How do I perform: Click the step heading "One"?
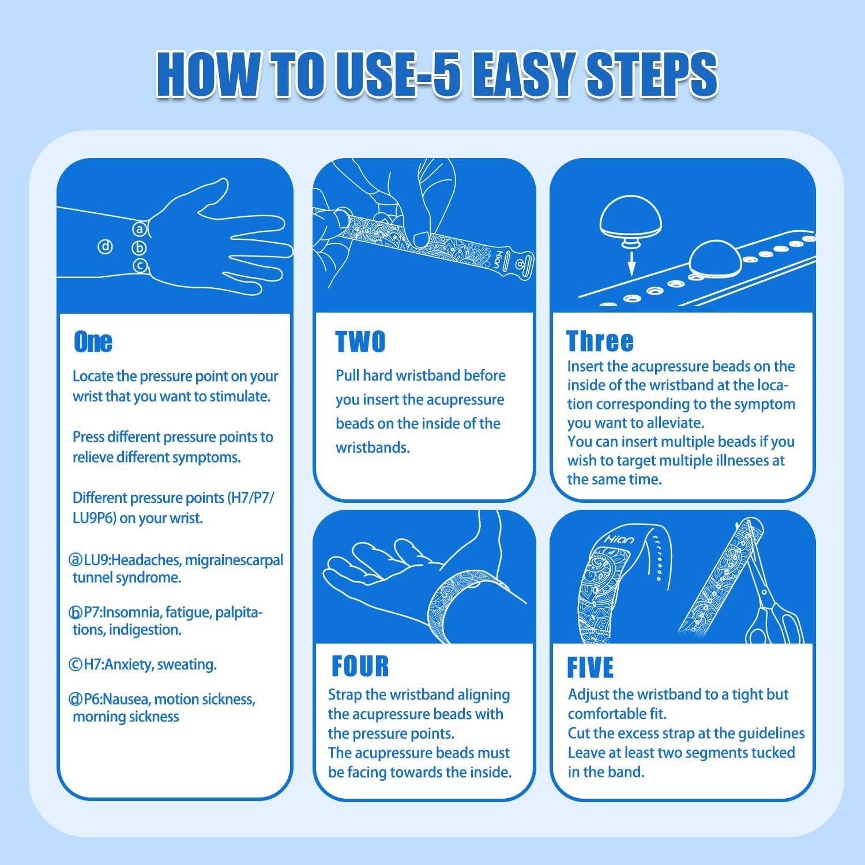click(93, 342)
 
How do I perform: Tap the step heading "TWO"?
click(360, 342)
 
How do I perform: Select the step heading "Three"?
click(600, 341)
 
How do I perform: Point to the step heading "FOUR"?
click(360, 666)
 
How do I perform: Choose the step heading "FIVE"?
click(590, 667)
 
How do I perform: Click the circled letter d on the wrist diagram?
click(105, 247)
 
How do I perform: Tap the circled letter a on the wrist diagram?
click(139, 229)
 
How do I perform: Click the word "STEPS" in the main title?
click(652, 76)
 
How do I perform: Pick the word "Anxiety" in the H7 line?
click(126, 664)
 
